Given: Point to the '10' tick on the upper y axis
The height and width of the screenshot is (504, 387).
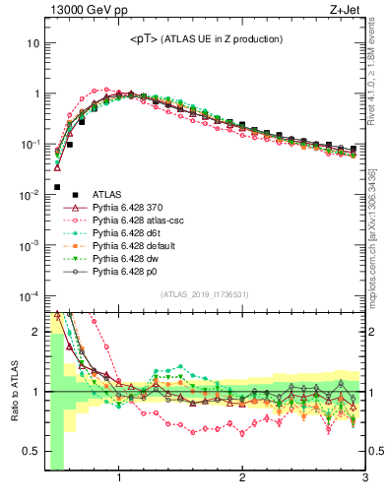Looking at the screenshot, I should (32, 43).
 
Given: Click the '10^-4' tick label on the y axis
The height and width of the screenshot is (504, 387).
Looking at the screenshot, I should (30, 295).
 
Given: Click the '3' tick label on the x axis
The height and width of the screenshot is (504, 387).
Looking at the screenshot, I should (364, 479).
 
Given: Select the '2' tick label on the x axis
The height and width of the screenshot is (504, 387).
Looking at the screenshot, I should (242, 479).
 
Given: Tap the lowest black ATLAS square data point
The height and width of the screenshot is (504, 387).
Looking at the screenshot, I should (57, 187).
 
